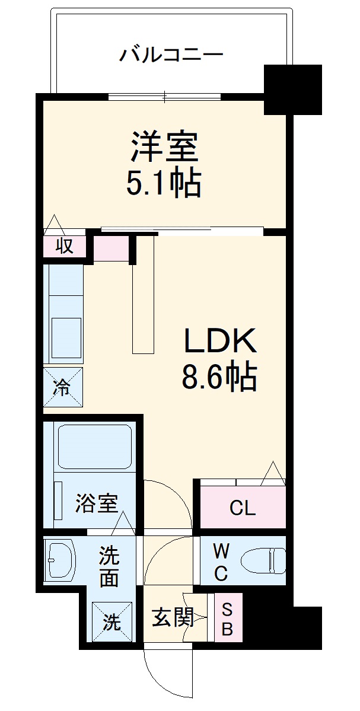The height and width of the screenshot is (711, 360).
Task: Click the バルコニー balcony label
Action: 171,56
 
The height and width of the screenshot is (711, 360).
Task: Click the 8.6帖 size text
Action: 219,376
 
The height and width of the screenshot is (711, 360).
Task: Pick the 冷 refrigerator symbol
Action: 62,388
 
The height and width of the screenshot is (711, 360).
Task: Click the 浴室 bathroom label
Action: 96,505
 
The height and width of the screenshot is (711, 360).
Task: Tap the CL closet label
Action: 243,508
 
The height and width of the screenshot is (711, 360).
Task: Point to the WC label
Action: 220,563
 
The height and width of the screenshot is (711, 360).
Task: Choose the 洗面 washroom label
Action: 109,567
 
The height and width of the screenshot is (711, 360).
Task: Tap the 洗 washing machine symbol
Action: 111,621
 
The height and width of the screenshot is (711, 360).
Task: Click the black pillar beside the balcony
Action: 292,90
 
